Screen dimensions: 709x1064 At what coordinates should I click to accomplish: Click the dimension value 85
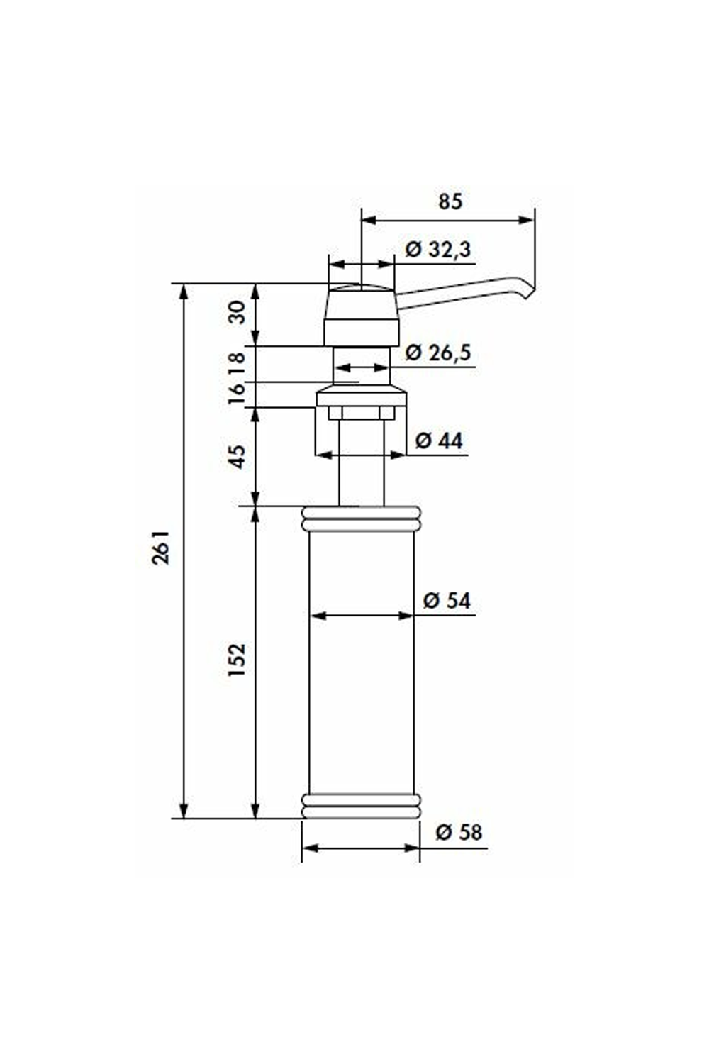[x=450, y=201]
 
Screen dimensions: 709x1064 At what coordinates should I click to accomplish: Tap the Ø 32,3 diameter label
[x=438, y=250]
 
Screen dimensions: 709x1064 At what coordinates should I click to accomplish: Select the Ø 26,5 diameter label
[x=438, y=353]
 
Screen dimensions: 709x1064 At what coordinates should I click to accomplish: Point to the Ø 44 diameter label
[x=438, y=440]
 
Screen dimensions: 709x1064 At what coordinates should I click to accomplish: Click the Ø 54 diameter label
[x=447, y=601]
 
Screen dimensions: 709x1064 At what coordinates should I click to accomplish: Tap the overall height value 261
[x=160, y=547]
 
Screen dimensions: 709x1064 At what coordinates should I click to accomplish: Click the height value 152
[x=237, y=660]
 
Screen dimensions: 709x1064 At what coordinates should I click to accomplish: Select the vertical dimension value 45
[x=237, y=457]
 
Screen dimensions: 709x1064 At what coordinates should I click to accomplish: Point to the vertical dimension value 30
[x=237, y=312]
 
